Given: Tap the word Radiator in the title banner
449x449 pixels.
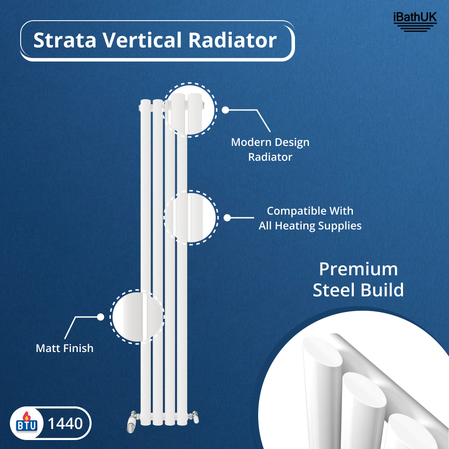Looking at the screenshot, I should click(x=232, y=40).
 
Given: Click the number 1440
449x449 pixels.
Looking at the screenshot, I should click(x=65, y=423).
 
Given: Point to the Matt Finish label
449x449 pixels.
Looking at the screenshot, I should click(x=65, y=348).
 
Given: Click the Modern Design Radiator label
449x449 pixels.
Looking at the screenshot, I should click(x=270, y=150).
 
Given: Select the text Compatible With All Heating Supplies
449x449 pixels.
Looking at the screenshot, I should click(x=310, y=218).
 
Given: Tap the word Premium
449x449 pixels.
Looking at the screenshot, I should click(x=358, y=269).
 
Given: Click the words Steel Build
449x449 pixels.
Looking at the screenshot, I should click(x=358, y=290).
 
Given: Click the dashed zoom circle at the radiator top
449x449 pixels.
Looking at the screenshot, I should click(x=189, y=109).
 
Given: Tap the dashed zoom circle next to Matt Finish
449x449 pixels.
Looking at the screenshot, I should click(x=137, y=317).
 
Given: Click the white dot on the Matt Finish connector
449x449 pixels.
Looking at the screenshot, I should click(x=101, y=317).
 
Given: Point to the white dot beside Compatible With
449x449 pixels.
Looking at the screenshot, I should click(x=227, y=218).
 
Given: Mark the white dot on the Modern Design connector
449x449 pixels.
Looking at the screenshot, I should click(x=225, y=110).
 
